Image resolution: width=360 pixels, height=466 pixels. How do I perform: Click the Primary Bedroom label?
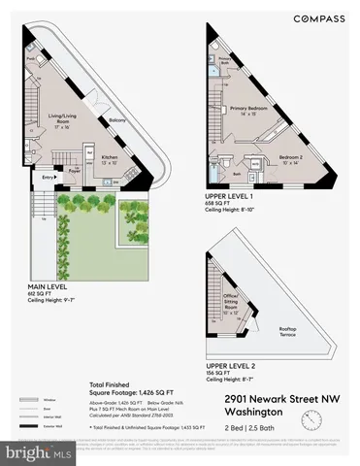(248, 109)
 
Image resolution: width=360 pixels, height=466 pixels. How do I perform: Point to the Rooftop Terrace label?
(287, 333)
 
